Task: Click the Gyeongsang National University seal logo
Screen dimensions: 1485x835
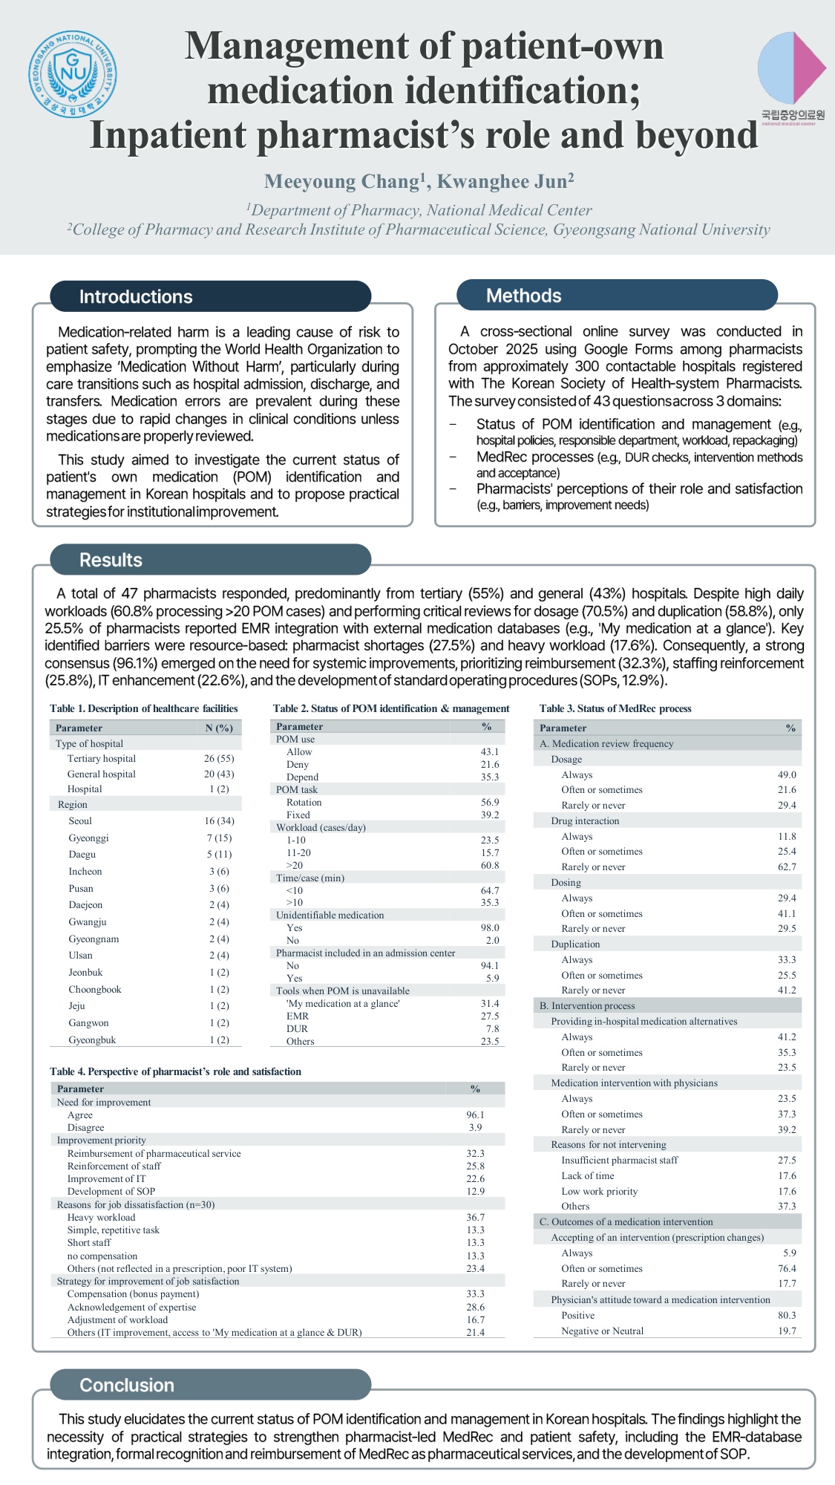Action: click(73, 74)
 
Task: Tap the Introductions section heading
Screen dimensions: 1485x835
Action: click(136, 297)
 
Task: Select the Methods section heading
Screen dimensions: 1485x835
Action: click(523, 296)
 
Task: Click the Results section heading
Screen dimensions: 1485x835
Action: click(111, 560)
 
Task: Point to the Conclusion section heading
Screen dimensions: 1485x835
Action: click(127, 1385)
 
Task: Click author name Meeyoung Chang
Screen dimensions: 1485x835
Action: click(341, 182)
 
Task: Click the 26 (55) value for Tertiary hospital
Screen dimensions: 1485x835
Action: click(219, 759)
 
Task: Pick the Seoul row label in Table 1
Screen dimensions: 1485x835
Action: click(80, 821)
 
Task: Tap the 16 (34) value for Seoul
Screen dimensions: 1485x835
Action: click(219, 821)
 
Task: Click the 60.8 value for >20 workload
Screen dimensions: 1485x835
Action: click(490, 865)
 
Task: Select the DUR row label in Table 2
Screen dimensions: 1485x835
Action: click(297, 1029)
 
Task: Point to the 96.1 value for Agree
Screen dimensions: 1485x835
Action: click(475, 1115)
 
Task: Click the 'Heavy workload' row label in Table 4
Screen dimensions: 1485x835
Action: click(101, 1218)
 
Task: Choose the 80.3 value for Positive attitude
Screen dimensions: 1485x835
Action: click(787, 1315)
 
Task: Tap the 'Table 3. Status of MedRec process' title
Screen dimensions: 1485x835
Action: click(615, 709)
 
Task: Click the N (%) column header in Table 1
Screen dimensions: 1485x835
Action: click(219, 728)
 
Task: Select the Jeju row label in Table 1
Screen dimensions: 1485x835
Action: click(76, 1006)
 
